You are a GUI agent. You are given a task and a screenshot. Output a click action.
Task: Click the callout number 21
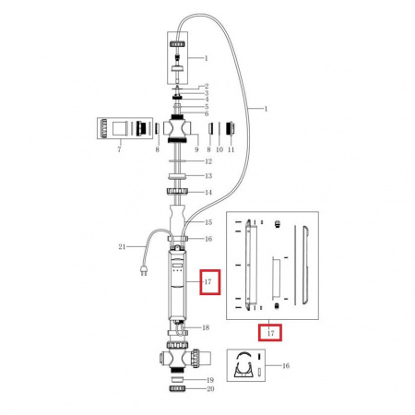point(122,246)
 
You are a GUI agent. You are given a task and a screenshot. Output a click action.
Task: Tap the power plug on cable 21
point(144,269)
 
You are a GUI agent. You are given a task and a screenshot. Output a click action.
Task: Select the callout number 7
point(119,149)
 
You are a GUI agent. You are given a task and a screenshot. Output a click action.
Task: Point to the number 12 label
point(208,161)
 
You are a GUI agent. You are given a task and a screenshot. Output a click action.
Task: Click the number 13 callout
point(208,176)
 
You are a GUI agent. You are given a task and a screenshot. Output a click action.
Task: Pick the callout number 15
point(208,222)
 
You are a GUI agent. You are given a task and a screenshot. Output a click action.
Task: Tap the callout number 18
point(206,327)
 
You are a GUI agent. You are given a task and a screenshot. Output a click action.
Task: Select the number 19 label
point(210,380)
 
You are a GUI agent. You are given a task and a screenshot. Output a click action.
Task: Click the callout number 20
point(210,389)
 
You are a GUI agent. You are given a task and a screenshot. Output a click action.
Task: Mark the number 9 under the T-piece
point(196,149)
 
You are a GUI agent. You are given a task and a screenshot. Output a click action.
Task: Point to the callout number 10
point(219,149)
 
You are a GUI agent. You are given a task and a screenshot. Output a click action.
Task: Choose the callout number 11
point(231,149)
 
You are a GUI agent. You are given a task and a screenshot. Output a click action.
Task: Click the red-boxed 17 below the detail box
point(270,333)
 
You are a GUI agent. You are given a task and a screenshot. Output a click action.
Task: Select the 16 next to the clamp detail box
point(286,366)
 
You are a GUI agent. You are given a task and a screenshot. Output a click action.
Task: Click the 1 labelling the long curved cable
point(266,109)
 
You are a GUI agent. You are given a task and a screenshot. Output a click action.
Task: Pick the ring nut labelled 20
point(177,388)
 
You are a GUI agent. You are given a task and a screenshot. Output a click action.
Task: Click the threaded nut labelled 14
point(177,191)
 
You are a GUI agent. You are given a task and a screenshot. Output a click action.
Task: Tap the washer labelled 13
point(177,176)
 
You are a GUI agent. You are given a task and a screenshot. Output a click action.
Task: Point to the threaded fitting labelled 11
point(231,128)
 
